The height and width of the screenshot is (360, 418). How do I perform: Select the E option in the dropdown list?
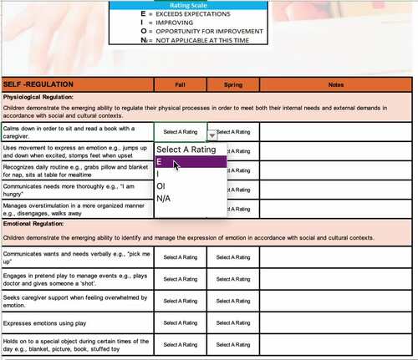pyautogui.click(x=190, y=162)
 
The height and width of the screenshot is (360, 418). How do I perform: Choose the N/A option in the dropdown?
pyautogui.click(x=190, y=198)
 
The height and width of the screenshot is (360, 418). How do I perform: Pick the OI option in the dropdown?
pyautogui.click(x=190, y=186)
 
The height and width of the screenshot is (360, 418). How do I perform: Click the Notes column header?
pyautogui.click(x=336, y=84)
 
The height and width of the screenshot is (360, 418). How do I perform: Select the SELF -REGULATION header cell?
pyautogui.click(x=77, y=84)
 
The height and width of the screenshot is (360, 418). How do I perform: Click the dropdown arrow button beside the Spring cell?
pyautogui.click(x=212, y=133)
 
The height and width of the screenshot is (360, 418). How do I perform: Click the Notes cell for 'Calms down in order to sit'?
pyautogui.click(x=336, y=131)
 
